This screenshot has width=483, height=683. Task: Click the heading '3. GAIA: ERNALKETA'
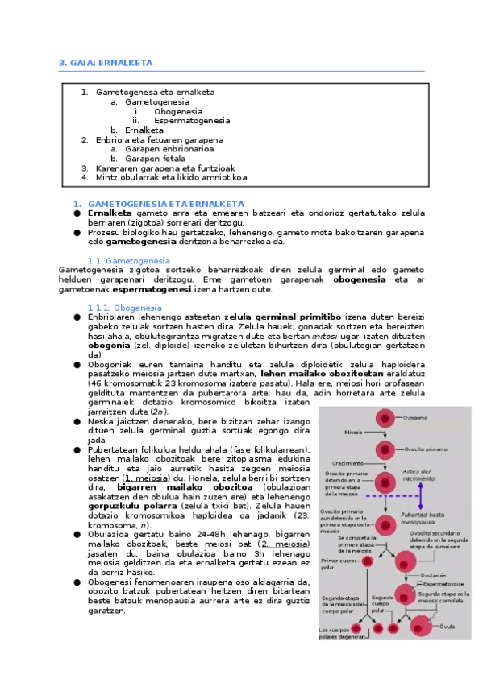[x=106, y=63]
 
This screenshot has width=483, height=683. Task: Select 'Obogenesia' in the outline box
[x=178, y=111]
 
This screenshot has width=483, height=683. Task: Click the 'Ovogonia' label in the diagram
[x=415, y=417]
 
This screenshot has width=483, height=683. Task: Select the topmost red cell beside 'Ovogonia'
[x=385, y=418]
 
